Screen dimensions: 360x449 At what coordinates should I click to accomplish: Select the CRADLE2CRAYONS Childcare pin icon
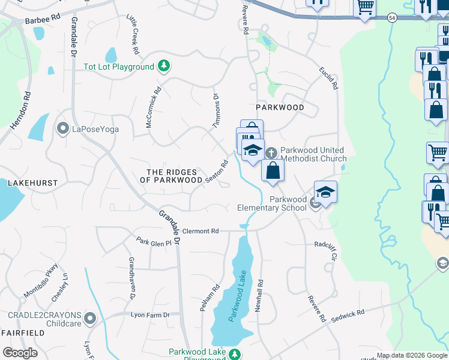(90, 318)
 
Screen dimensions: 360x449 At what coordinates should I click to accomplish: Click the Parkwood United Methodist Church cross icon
(271, 153)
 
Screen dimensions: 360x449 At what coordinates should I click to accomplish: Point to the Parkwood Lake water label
(238, 296)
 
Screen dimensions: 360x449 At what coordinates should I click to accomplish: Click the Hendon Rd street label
(19, 110)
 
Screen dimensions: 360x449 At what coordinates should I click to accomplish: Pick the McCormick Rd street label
(154, 108)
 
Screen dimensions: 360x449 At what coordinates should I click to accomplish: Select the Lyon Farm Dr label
(151, 314)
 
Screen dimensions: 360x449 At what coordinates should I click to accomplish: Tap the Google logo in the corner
(20, 352)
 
